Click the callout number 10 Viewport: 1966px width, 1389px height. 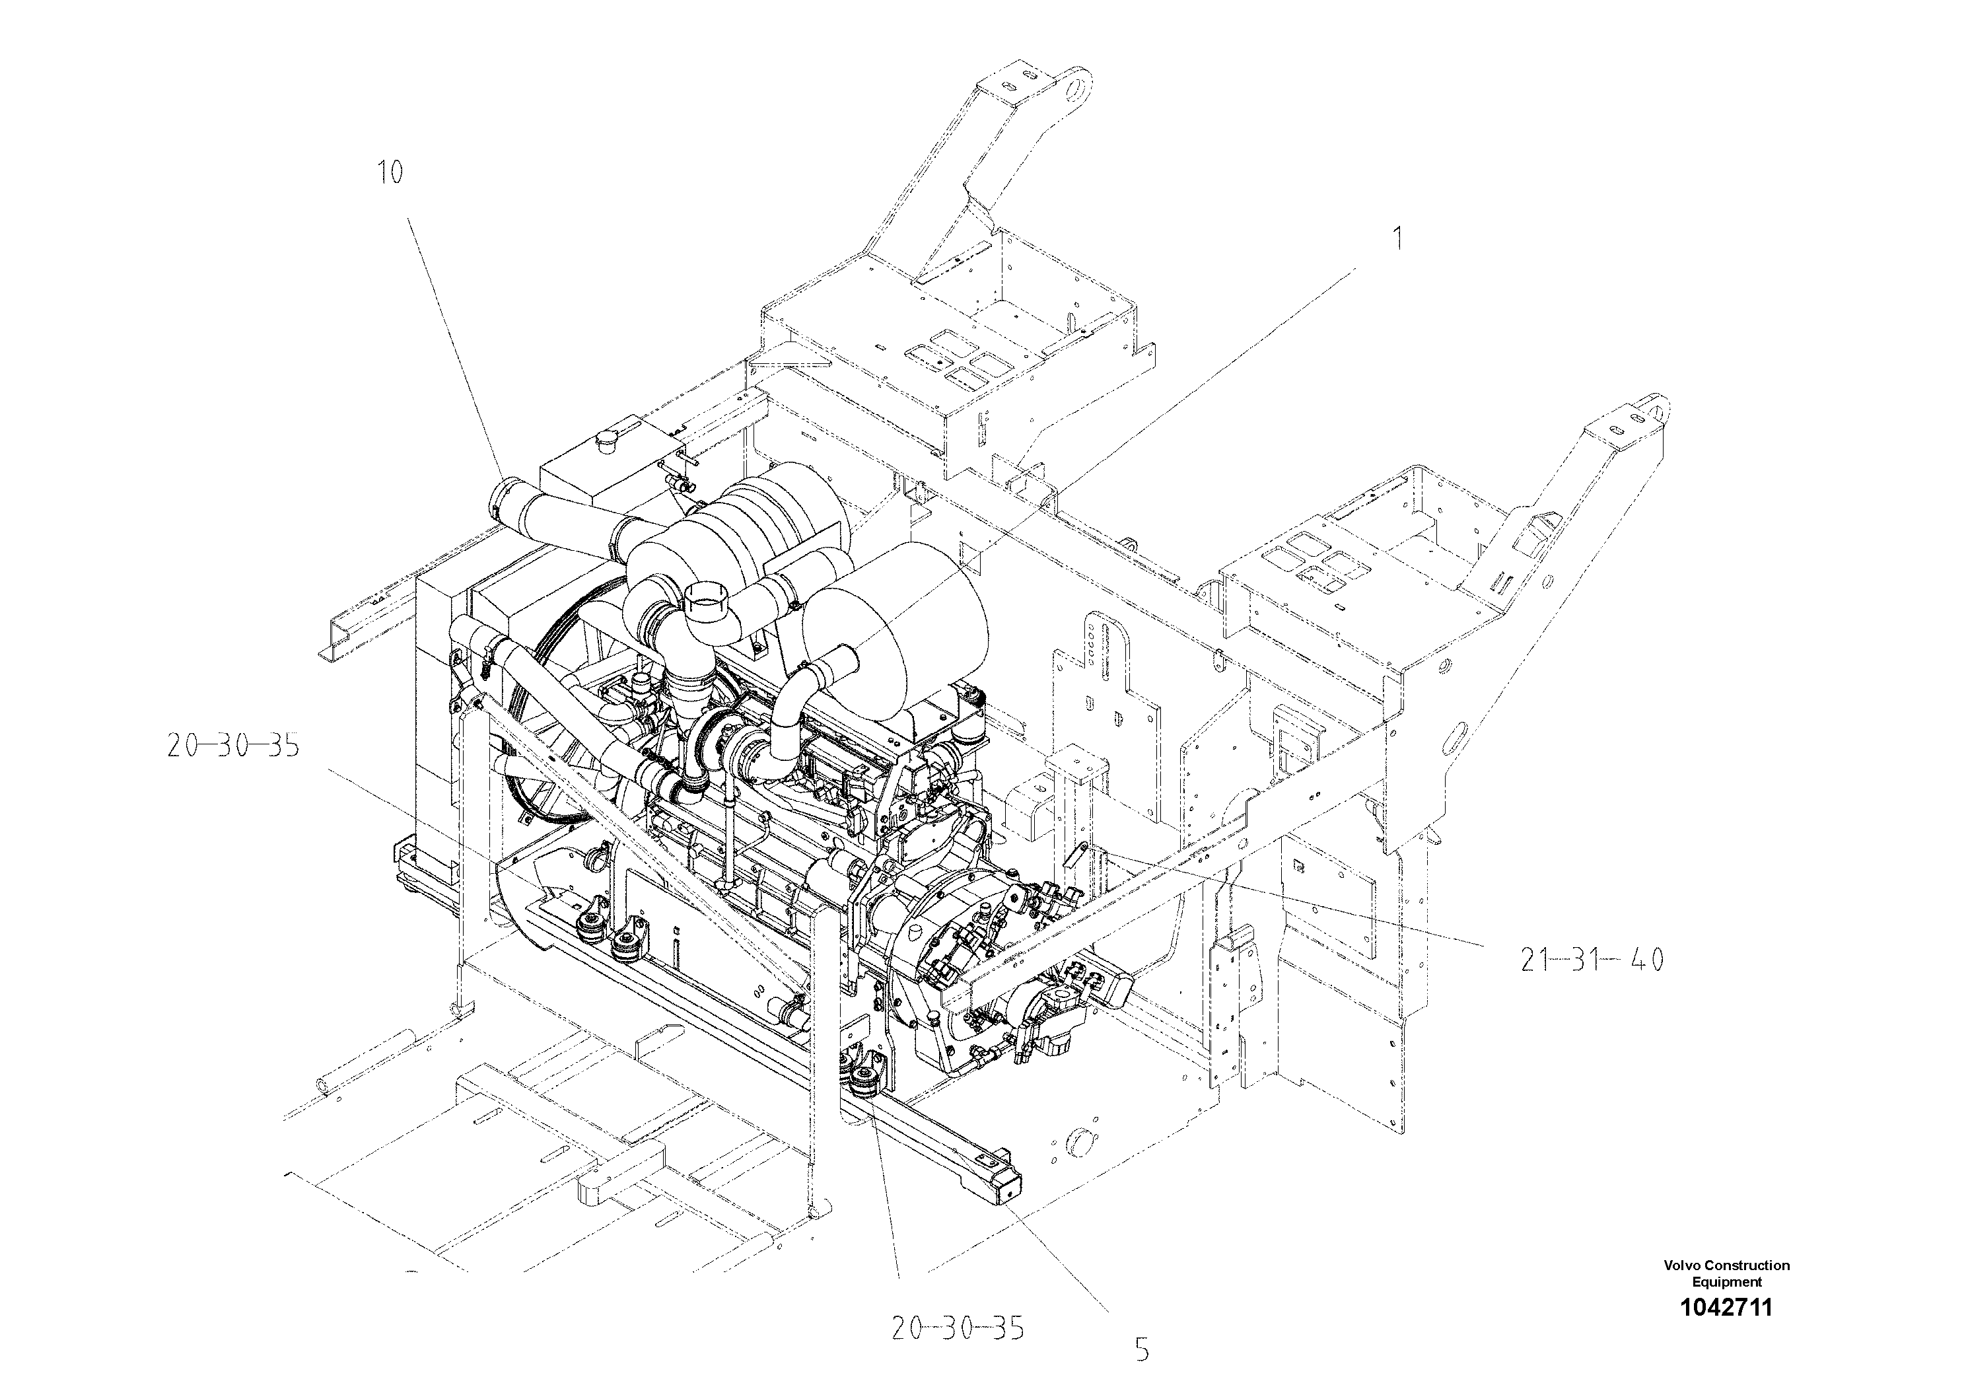point(390,173)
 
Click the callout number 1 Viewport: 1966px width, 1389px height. point(1397,239)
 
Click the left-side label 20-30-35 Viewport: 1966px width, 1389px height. point(233,747)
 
